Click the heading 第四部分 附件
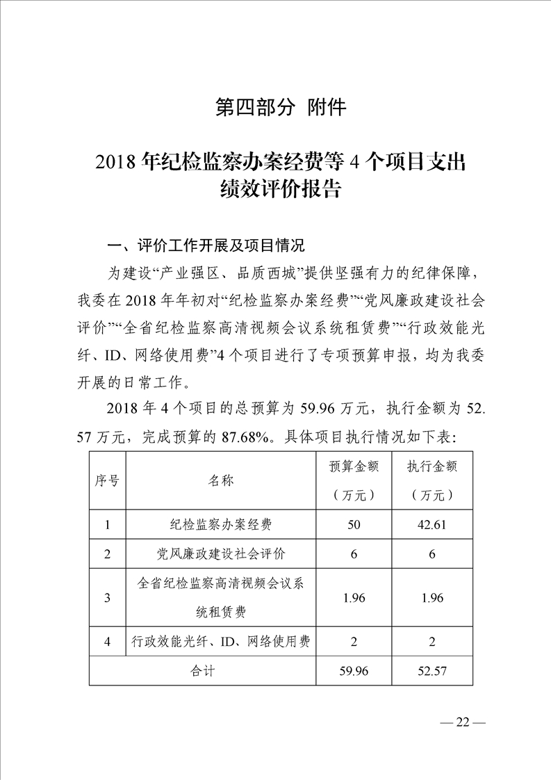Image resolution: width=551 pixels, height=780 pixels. (x=281, y=108)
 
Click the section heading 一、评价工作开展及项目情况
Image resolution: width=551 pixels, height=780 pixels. (x=205, y=245)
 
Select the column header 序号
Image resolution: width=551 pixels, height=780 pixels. (x=107, y=481)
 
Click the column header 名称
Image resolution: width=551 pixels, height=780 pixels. (x=220, y=481)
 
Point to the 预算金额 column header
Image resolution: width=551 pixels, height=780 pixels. (x=354, y=480)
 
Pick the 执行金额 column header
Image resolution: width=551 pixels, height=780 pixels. (x=432, y=480)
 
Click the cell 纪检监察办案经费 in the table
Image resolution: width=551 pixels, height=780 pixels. (x=220, y=524)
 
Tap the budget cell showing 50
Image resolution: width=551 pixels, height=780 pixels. (x=354, y=524)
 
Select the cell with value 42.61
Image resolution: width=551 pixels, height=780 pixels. (x=432, y=524)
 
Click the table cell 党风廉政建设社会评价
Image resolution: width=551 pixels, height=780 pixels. (x=220, y=553)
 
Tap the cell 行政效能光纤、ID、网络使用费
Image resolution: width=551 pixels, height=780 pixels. (x=220, y=642)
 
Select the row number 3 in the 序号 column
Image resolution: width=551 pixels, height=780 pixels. (x=107, y=597)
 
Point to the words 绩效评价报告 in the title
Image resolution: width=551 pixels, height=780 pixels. (x=281, y=190)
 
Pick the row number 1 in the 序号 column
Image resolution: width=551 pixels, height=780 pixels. (x=107, y=524)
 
